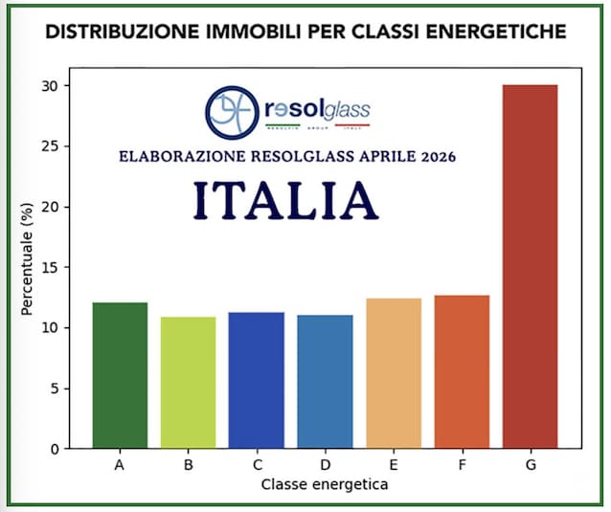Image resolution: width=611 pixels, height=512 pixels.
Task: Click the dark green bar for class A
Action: point(120,375)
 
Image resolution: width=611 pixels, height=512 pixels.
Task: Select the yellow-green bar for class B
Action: point(189,382)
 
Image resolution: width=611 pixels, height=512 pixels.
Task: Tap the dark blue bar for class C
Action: point(257,380)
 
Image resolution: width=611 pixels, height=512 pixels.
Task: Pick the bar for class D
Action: point(326,381)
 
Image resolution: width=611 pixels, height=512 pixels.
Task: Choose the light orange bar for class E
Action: point(394,373)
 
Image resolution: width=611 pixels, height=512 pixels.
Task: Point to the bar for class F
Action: point(462,371)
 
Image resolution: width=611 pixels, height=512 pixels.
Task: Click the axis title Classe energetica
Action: point(325,484)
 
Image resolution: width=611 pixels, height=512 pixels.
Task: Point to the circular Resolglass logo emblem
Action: point(230,112)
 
